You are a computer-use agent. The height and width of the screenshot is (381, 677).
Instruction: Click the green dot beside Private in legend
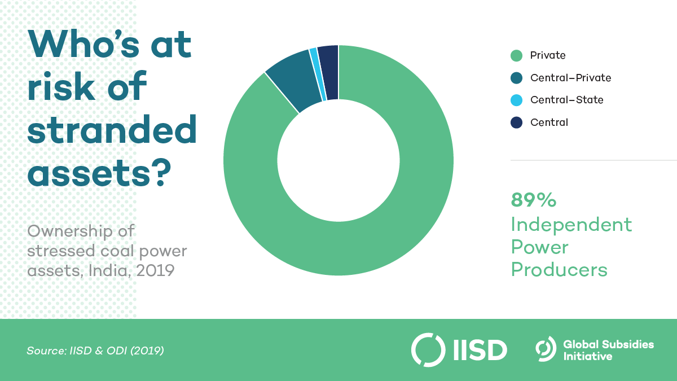pos(516,55)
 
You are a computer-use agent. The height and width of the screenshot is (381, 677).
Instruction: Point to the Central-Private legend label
pos(570,78)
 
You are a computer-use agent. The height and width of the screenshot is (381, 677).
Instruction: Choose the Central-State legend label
pos(566,100)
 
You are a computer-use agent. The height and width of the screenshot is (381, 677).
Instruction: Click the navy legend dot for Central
pos(516,122)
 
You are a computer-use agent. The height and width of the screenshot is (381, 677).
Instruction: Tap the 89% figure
pos(534,200)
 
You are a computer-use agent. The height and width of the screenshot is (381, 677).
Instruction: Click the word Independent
pos(571,225)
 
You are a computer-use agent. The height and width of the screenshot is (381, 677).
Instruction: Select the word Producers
pos(559,270)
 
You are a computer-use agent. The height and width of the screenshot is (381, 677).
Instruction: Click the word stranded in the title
pos(112,130)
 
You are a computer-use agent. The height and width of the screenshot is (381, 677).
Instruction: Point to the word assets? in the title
pos(99,174)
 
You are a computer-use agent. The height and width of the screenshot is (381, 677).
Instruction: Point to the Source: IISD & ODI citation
pos(95,351)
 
